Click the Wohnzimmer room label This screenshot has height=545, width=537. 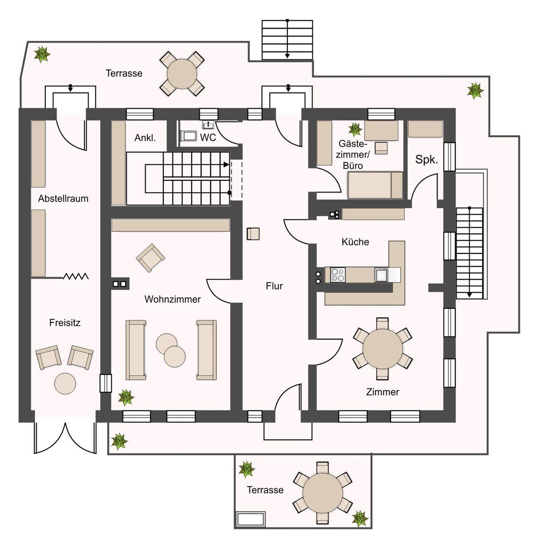coord(172,299)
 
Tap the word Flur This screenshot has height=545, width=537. coord(274,286)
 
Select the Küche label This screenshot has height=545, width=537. coord(355,242)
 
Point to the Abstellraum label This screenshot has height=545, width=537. coord(63,199)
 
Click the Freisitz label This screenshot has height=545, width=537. coord(65,323)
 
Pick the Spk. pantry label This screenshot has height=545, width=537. coord(427,160)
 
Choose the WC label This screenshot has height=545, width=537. coord(208,137)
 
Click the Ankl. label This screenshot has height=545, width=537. coord(145,138)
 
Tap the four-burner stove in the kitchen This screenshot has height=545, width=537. coord(338,275)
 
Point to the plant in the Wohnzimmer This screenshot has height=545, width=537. coord(126,397)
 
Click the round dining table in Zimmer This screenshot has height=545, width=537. coord(382,349)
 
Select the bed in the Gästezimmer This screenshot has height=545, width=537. coord(375,185)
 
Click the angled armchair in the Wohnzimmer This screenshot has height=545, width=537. coord(150,258)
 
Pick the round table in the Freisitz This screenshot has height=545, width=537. coord(65,383)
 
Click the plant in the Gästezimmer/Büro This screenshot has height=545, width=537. coord(355,129)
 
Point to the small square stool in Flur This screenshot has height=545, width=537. coord(253,234)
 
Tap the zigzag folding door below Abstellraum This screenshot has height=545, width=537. coord(76,276)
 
